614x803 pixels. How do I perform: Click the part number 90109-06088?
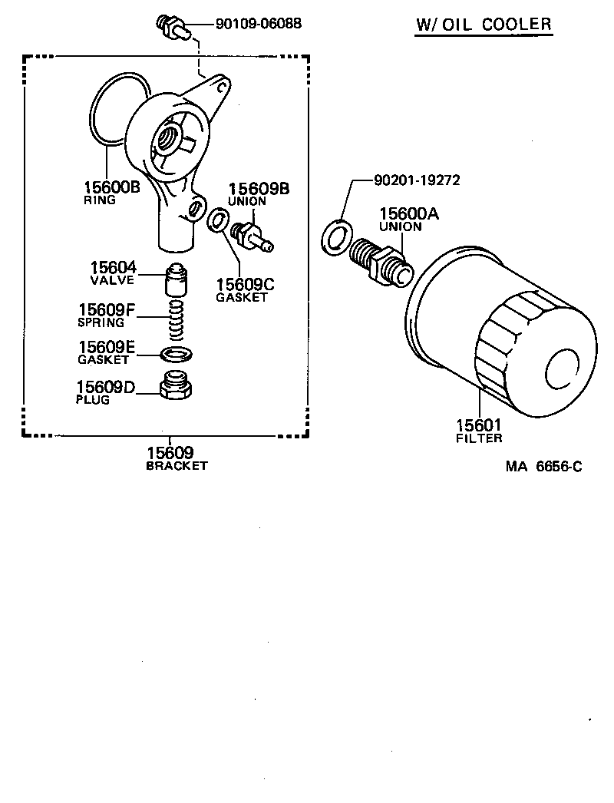coord(258,24)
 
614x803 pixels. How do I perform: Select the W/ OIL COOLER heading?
coord(484,24)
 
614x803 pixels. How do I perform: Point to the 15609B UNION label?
coord(258,193)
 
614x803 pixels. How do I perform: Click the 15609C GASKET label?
coord(244,289)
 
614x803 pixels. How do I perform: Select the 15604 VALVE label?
coord(113,273)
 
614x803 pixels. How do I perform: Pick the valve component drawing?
coord(177,281)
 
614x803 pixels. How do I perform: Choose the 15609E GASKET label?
coord(107,352)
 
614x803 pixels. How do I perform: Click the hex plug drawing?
coord(177,385)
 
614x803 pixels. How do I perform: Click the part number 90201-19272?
coord(417,181)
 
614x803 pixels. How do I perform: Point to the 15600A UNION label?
coord(408,220)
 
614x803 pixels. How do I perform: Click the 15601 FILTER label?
coord(479,431)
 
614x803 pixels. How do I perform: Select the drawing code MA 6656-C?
coord(543,466)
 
